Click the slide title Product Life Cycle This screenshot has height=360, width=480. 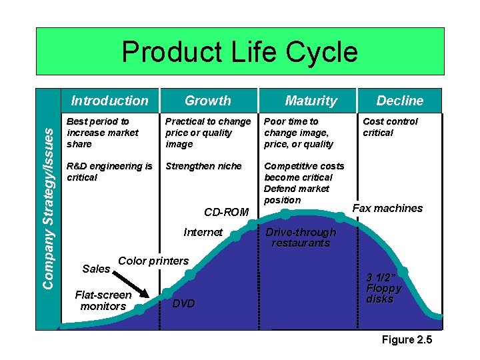[x=239, y=52]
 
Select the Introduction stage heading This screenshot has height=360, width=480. [x=109, y=101]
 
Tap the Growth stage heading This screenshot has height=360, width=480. [x=207, y=101]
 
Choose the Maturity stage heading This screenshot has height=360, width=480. [x=311, y=101]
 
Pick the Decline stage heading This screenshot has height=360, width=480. [x=399, y=101]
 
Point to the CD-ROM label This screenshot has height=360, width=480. [x=226, y=212]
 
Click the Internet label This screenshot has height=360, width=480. [x=203, y=232]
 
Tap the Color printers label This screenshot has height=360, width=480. [x=153, y=261]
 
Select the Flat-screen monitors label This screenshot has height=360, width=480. [x=103, y=300]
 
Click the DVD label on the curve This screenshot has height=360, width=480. [x=183, y=303]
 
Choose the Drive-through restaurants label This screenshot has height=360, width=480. [x=301, y=237]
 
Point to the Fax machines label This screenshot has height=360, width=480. [x=387, y=208]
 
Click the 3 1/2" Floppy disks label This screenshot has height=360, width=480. [x=384, y=289]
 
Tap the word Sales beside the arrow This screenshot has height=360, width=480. [x=95, y=269]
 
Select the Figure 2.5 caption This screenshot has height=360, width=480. [x=407, y=340]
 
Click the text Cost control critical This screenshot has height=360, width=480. [x=390, y=127]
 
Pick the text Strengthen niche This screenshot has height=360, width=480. [x=203, y=166]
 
